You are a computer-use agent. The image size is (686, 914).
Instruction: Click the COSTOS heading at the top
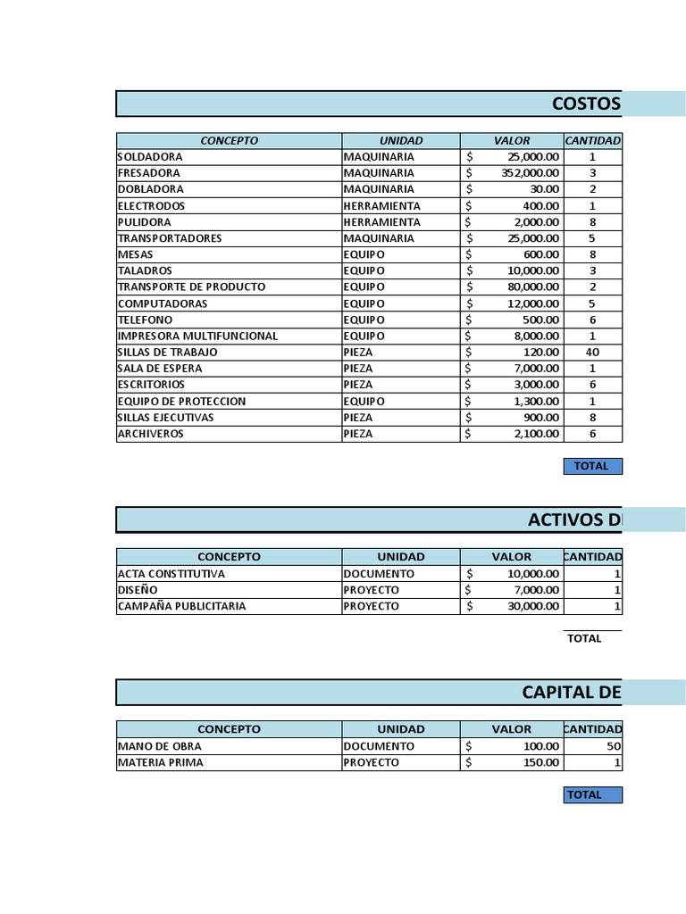coord(586,104)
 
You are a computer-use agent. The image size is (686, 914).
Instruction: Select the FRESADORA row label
coord(149,173)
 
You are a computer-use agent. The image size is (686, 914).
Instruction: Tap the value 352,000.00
coord(530,173)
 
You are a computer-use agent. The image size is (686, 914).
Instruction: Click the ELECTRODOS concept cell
coord(152,206)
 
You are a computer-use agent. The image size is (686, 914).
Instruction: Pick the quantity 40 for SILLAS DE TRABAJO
coord(592,353)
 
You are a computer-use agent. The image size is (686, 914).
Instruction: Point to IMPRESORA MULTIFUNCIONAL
coord(197,337)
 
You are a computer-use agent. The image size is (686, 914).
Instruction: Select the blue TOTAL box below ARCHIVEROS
coord(591,466)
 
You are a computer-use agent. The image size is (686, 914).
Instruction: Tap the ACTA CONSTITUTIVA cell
coord(171,574)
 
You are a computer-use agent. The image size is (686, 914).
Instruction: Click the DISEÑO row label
coord(138,590)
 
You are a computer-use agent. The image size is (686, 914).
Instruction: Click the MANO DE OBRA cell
coord(160,746)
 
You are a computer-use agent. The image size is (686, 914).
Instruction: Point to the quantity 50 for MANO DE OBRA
coord(614,746)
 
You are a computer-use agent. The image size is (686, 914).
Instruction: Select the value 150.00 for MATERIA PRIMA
coord(541,762)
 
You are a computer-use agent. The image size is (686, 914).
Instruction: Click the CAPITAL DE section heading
coord(572,693)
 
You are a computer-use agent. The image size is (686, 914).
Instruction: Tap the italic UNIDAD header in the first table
coord(401,141)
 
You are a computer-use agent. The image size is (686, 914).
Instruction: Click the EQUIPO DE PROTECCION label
coord(181,402)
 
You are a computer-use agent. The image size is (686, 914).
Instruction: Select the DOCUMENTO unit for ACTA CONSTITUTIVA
coord(379,574)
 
